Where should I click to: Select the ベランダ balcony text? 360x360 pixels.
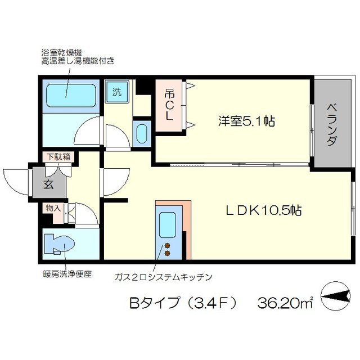(331, 123)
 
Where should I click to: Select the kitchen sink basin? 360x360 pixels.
(168, 225)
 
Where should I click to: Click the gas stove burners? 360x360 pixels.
(168, 250)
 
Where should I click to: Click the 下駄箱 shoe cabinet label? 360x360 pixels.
(59, 157)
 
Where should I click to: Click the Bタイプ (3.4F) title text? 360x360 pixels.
(183, 303)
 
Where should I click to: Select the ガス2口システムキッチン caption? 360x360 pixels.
(163, 277)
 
